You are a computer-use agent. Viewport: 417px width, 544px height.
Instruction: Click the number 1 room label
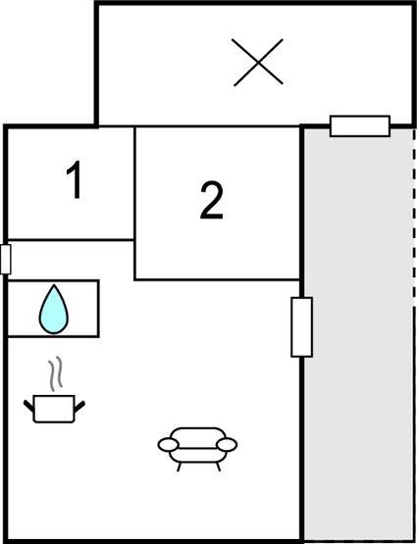click(75, 179)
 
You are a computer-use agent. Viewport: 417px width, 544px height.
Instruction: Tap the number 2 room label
click(212, 200)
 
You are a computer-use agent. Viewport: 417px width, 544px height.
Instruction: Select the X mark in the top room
click(258, 63)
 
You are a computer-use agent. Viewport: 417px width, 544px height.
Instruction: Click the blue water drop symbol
click(54, 310)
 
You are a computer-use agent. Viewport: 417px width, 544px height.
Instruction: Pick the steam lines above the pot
click(55, 373)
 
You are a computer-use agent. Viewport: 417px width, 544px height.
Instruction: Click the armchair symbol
click(197, 449)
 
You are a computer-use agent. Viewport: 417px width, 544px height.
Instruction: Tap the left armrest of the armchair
click(169, 445)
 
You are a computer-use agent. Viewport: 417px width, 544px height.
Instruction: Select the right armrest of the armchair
click(227, 444)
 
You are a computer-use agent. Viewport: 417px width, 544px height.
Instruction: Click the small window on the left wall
click(6, 259)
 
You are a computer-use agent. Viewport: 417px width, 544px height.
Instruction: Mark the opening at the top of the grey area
click(360, 126)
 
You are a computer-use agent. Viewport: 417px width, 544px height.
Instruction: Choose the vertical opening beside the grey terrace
click(302, 326)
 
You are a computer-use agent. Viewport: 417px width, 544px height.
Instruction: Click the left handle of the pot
click(28, 406)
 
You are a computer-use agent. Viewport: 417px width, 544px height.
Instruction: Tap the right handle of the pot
click(79, 406)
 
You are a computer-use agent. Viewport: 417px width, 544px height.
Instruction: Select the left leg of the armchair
click(180, 467)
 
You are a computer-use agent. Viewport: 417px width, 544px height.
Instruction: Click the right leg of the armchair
click(219, 467)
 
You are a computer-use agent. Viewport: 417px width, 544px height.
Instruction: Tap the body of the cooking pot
click(54, 409)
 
